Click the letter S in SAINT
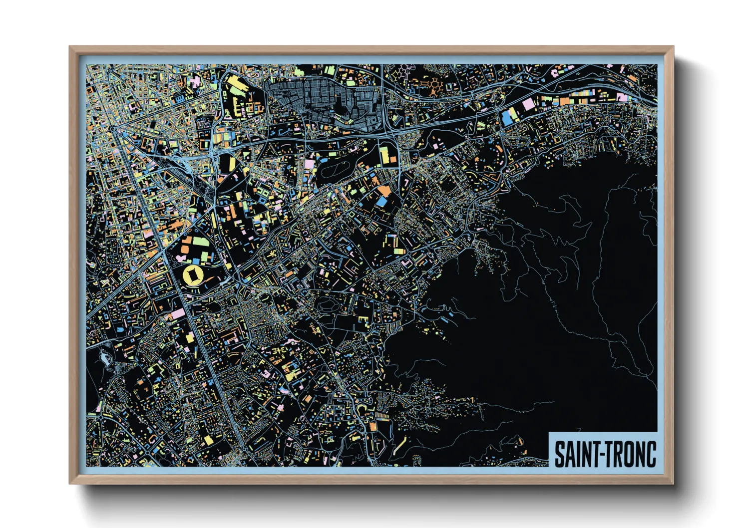click(559, 454)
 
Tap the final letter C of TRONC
click(651, 454)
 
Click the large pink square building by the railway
click(528, 104)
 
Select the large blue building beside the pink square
click(507, 118)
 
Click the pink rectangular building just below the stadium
click(178, 314)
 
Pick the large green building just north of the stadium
click(201, 243)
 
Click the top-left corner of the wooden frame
click(70, 47)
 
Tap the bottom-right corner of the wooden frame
click(673, 483)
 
